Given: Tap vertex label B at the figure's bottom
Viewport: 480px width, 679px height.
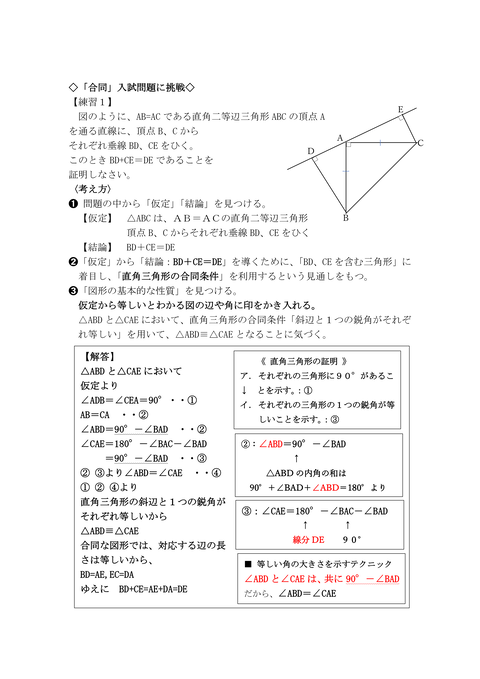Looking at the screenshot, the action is click(x=345, y=217).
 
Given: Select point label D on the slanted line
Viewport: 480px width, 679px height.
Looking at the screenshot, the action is click(x=310, y=151).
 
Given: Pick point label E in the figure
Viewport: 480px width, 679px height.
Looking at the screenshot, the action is click(x=400, y=108).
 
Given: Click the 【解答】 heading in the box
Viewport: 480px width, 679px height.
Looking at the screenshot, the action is click(x=102, y=355).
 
